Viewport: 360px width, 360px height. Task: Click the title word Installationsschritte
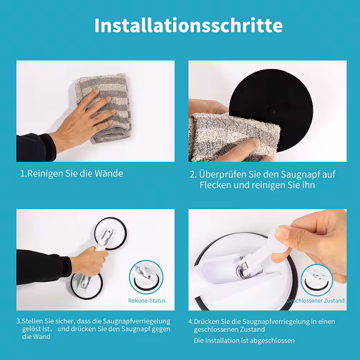pos(188,25)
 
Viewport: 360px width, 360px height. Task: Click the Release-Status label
pos(147,300)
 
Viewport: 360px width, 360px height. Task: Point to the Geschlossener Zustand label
pos(316,300)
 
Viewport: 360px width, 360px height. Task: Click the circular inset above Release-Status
pos(146,277)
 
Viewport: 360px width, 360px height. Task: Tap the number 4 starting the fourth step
pos(190,321)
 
